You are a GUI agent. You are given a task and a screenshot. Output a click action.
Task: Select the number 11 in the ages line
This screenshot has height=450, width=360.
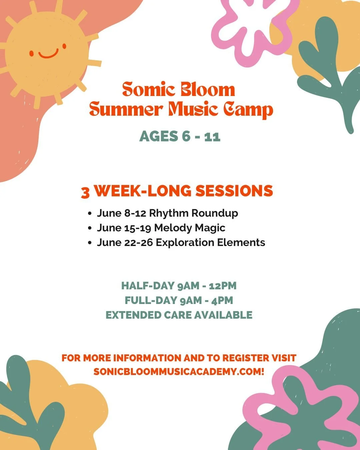(x=212, y=136)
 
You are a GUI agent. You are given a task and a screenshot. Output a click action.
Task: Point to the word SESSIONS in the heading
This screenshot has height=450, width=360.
(x=234, y=191)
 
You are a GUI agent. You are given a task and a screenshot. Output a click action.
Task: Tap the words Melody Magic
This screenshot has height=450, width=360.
(x=190, y=228)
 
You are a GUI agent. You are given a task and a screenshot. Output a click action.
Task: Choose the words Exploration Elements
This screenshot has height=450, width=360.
(x=210, y=242)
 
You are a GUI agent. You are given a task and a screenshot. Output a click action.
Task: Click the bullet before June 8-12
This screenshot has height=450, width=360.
(x=90, y=213)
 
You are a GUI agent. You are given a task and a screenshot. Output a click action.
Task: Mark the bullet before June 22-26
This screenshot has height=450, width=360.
(x=90, y=243)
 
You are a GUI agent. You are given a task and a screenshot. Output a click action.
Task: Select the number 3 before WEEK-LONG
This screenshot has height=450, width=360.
(x=85, y=192)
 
